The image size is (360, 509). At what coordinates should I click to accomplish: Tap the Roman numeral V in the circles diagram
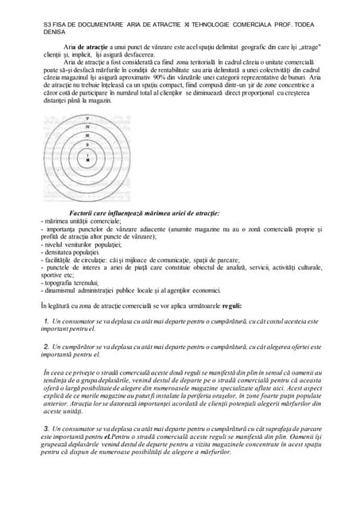pyautogui.click(x=87, y=119)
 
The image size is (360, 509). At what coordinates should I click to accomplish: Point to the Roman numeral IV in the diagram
pyautogui.click(x=87, y=127)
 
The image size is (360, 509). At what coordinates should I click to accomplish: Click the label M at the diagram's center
pyautogui.click(x=87, y=161)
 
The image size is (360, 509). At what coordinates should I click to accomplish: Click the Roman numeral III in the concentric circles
pyautogui.click(x=87, y=136)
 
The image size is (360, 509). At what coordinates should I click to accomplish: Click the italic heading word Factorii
pyautogui.click(x=86, y=213)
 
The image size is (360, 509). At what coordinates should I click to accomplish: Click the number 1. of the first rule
pyautogui.click(x=47, y=321)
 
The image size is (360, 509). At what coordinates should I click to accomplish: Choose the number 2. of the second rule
pyautogui.click(x=47, y=348)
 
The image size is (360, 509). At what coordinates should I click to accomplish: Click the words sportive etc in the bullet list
pyautogui.click(x=56, y=275)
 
